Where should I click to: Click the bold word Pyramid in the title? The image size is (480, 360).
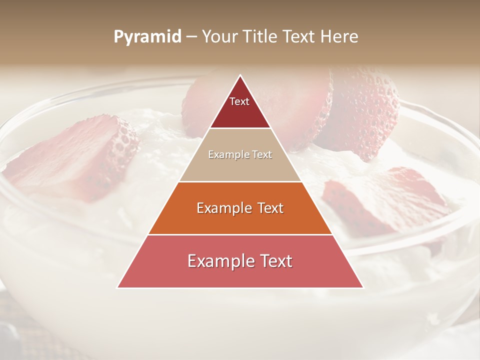147,37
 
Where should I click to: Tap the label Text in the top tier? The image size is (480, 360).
239,101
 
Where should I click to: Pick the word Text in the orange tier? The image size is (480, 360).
268,208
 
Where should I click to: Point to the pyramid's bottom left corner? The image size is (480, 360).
117,287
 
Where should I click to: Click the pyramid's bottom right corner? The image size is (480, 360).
363,287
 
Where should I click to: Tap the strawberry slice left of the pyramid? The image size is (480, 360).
80,155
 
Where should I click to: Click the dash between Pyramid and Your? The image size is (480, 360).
191,37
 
